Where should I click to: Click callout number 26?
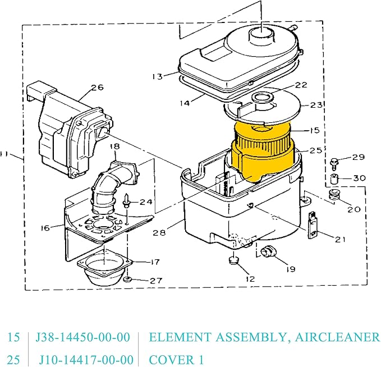click(97, 88)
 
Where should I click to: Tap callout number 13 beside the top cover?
click(157, 76)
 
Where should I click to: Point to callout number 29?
click(358, 157)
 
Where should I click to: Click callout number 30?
click(359, 178)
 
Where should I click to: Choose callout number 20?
click(354, 209)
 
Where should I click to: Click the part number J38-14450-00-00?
click(82, 337)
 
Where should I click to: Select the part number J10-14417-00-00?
click(86, 359)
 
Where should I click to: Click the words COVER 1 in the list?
click(176, 359)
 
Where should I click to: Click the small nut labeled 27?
click(128, 279)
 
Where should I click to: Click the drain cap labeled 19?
click(267, 252)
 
